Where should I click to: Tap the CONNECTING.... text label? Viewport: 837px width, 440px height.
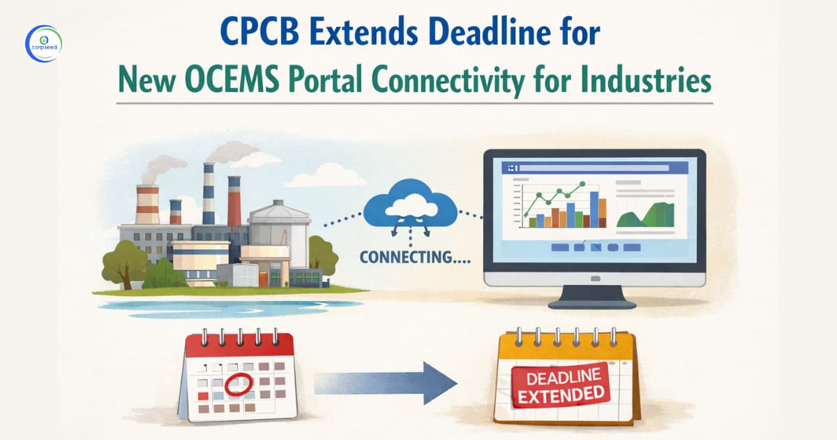pos(414,256)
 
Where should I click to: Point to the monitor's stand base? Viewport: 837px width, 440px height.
pos(591,302)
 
